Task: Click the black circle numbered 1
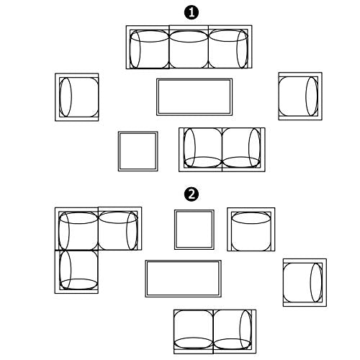pyautogui.click(x=192, y=13)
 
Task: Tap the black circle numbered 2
pyautogui.click(x=192, y=194)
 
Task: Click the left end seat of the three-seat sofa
pyautogui.click(x=148, y=48)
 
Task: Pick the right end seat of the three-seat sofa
pyautogui.click(x=230, y=47)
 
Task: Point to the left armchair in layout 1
pyautogui.click(x=77, y=97)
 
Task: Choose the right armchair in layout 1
pyautogui.click(x=300, y=96)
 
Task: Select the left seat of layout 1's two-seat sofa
pyautogui.click(x=201, y=150)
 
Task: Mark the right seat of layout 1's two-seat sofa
pyautogui.click(x=243, y=150)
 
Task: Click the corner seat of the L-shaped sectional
pyautogui.click(x=76, y=229)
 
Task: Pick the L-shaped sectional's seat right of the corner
pyautogui.click(x=120, y=228)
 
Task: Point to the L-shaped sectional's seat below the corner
pyautogui.click(x=76, y=271)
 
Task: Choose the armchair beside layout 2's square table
pyautogui.click(x=251, y=230)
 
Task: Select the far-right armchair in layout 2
pyautogui.click(x=305, y=282)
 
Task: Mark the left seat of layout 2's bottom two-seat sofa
pyautogui.click(x=194, y=332)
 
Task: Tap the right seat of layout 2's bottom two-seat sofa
pyautogui.click(x=235, y=331)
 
